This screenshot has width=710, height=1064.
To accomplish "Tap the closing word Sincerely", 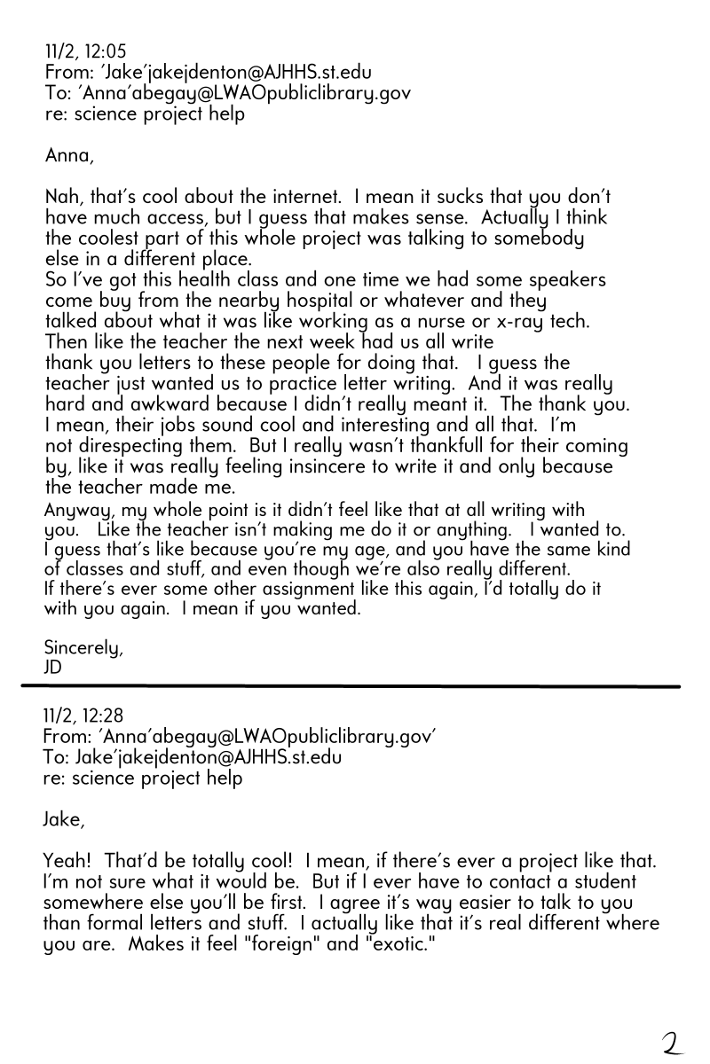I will pos(84,648).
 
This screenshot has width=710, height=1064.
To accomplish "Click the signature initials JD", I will pos(53,668).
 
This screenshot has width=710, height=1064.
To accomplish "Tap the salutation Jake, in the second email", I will pos(65,820).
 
